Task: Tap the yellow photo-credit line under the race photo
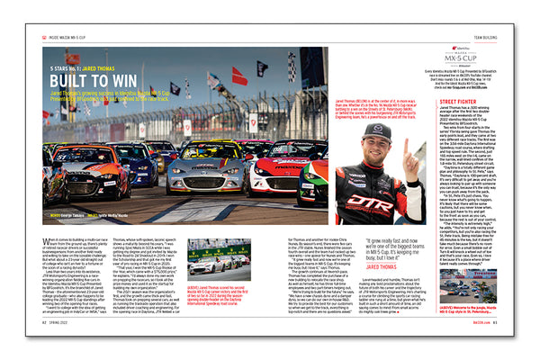tap(85, 214)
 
